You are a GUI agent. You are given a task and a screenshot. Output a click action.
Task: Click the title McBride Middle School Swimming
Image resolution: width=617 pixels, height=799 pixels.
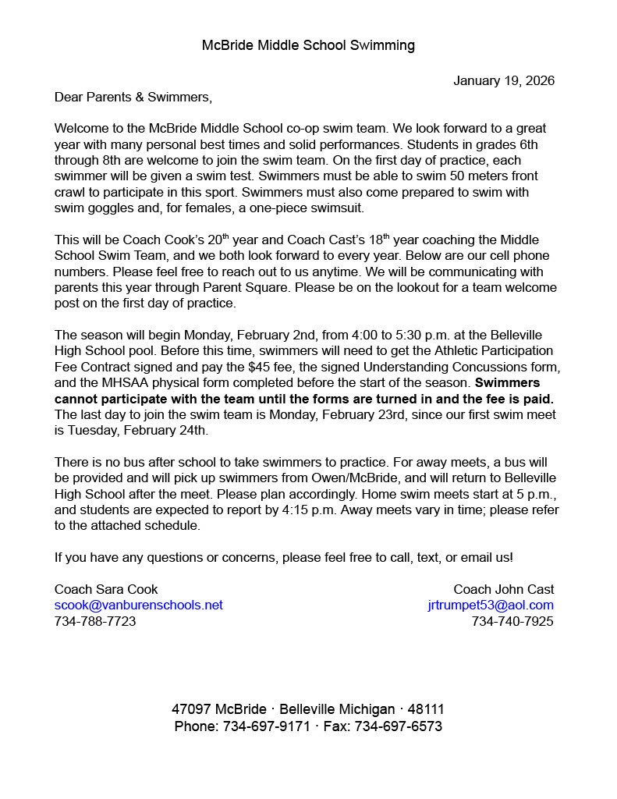(x=308, y=45)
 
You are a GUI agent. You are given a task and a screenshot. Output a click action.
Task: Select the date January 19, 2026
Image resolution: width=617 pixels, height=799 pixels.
(x=504, y=81)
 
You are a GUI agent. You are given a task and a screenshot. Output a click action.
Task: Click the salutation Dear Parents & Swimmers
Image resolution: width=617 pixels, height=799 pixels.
(x=133, y=98)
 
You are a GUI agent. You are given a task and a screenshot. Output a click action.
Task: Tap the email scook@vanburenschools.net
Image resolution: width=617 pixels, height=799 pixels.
(x=138, y=605)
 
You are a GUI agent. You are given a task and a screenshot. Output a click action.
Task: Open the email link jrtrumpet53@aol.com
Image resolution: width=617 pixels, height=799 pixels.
(x=491, y=605)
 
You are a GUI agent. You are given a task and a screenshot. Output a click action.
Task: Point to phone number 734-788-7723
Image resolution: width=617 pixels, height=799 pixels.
(x=95, y=622)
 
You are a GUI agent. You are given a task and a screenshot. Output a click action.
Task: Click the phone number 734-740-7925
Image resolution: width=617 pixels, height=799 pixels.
(x=512, y=622)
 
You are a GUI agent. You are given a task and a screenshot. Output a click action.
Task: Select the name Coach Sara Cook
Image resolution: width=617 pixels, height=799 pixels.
(x=106, y=589)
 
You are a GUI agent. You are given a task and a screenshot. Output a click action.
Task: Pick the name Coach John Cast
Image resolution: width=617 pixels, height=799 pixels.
(x=504, y=589)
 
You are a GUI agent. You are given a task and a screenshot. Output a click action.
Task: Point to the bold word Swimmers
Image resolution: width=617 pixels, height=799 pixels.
(x=508, y=383)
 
